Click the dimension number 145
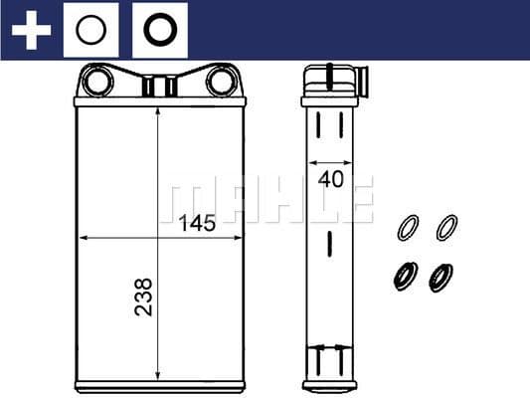coord(198,224)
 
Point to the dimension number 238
coord(144,297)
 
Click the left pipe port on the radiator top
coord(98,81)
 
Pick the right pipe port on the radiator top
coord(220,81)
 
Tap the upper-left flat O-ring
coord(407,228)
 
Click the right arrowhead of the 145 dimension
coord(239,239)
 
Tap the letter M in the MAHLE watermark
coord(180,200)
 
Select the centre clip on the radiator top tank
coord(159,87)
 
